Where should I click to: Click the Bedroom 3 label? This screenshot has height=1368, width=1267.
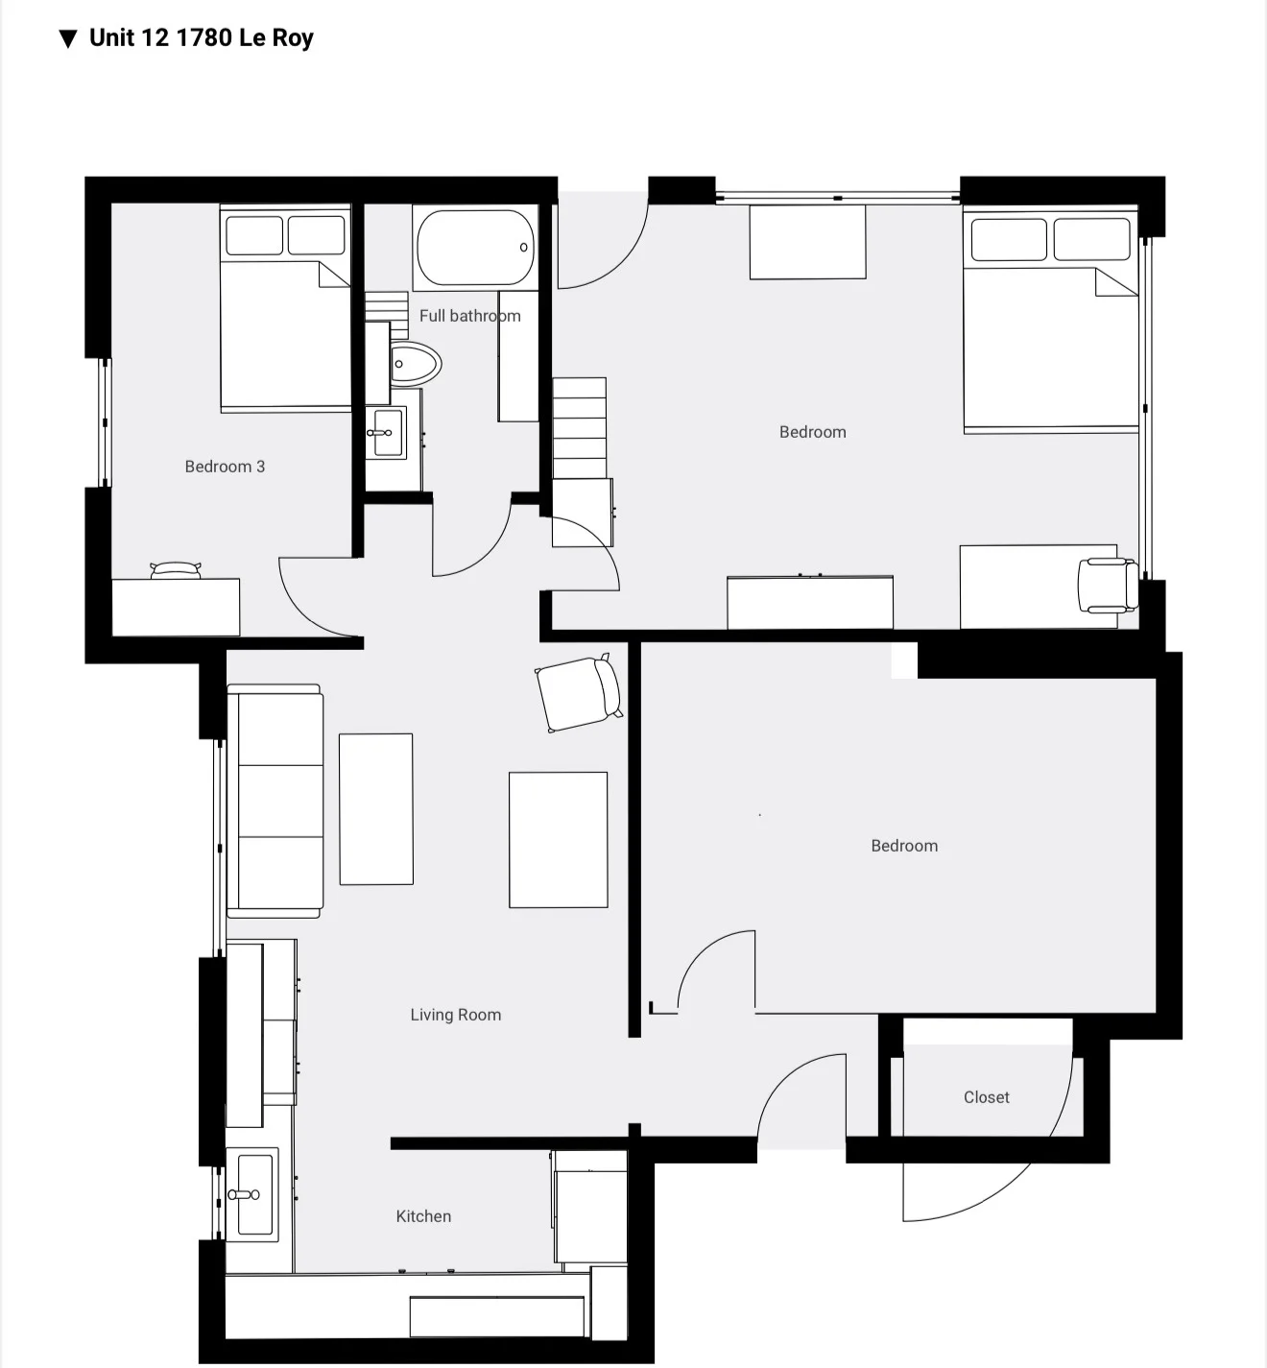[225, 467]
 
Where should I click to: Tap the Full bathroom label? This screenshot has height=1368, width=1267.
[469, 316]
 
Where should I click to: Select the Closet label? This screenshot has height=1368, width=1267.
[986, 1097]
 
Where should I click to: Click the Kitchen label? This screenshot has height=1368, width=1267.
[423, 1216]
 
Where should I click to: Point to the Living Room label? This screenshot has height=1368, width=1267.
[455, 1015]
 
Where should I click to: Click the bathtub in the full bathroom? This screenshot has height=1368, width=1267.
[474, 248]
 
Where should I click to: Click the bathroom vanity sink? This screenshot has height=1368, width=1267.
[386, 432]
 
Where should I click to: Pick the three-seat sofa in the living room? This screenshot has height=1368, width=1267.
[275, 801]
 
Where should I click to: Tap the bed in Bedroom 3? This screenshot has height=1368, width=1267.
[285, 317]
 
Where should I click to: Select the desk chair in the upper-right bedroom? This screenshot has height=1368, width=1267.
[1107, 584]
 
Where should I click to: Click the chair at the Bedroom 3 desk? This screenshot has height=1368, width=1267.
[176, 570]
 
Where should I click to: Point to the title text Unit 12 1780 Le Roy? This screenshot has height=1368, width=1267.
[201, 38]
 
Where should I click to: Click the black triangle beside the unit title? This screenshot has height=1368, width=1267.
[67, 39]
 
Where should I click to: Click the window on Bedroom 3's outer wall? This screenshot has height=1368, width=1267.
[106, 422]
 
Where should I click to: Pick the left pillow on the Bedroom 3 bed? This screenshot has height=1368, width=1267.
[253, 235]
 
